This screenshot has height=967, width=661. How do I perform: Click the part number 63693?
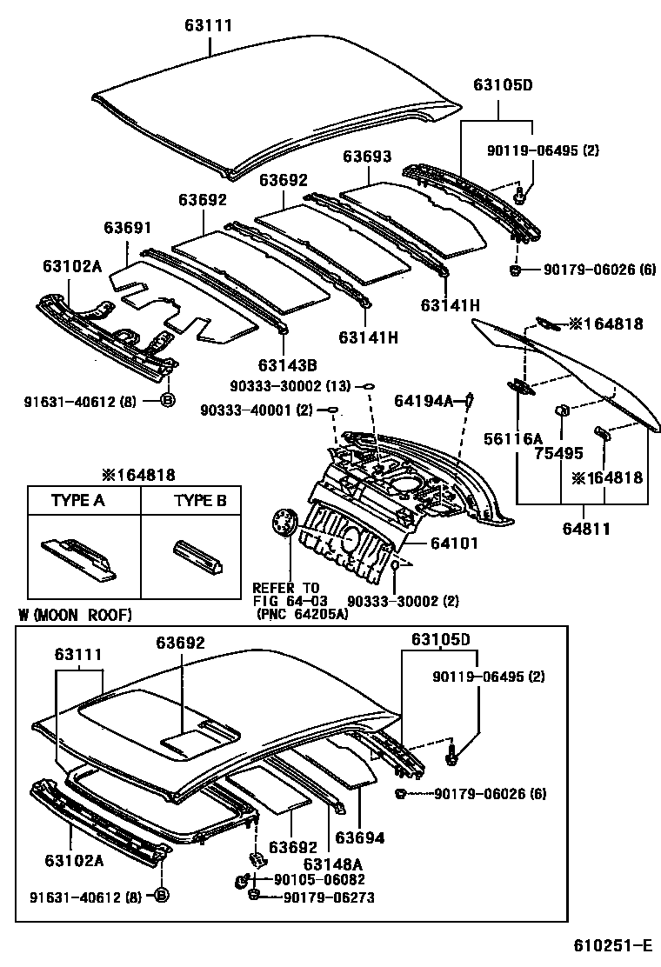click(366, 157)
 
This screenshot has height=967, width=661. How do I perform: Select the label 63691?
click(128, 228)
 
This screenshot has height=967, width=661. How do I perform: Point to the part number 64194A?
click(424, 401)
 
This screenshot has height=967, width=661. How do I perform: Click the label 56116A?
click(513, 438)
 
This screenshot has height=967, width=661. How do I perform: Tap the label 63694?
click(359, 838)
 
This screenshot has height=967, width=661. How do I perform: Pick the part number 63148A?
click(333, 864)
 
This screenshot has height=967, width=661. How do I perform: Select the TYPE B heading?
click(200, 500)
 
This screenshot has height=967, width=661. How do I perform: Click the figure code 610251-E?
click(611, 945)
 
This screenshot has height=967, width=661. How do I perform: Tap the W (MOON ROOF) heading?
click(75, 615)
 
